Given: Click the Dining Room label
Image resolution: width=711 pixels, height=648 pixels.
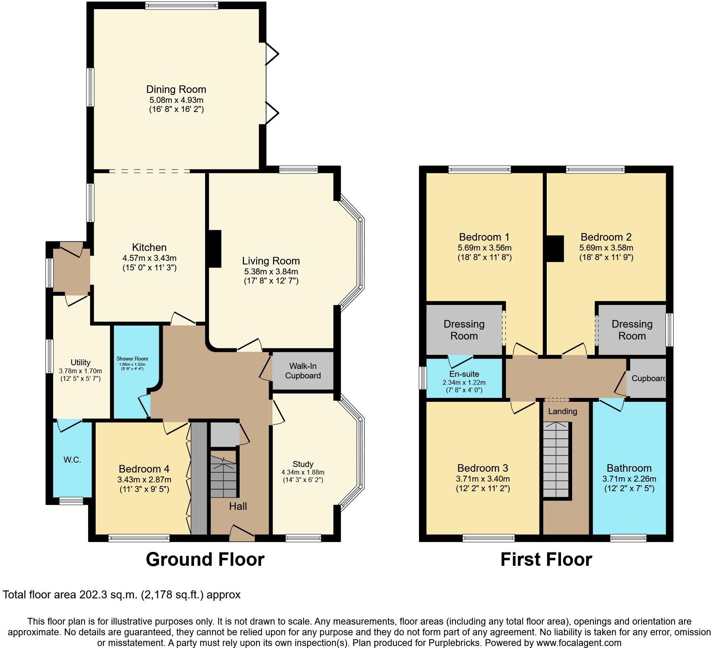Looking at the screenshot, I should point(176,89).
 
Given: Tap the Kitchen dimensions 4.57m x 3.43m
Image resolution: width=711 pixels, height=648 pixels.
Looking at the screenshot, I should point(149,258).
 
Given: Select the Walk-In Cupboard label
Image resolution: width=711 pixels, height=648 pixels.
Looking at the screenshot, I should point(303,370).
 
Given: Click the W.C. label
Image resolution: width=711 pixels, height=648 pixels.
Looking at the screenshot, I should point(72,460).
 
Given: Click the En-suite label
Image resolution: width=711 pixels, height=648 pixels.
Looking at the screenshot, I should point(464,374).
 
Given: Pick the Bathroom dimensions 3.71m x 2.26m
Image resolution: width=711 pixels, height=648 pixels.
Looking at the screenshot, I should point(629,479).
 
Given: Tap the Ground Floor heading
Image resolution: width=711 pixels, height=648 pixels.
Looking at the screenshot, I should point(205,559).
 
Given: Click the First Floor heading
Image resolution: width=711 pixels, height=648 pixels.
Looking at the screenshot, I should point(546,559).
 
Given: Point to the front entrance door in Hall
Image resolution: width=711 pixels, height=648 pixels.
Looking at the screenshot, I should point(242,533).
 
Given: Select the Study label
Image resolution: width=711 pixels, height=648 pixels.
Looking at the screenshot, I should point(303,464).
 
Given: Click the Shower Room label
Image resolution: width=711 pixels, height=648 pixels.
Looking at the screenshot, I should point(132,359).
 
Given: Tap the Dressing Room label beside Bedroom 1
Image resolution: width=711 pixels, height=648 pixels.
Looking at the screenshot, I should point(464,330).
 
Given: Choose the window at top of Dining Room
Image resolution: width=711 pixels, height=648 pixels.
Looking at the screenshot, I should point(181,5).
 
